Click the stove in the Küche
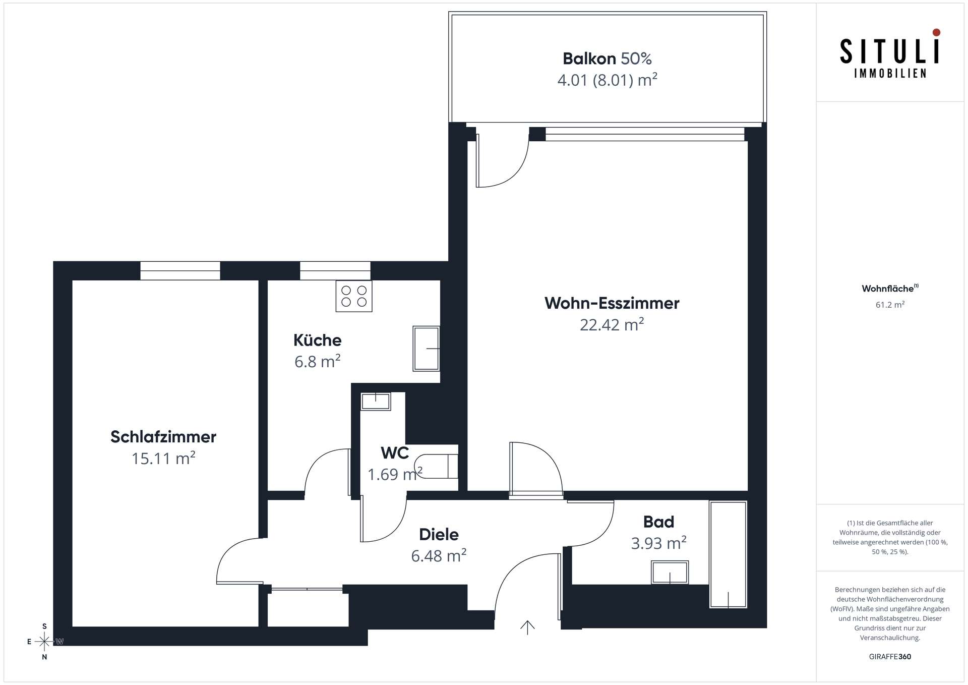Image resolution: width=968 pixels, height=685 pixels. (354, 296)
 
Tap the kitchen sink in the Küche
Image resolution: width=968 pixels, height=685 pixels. (426, 349)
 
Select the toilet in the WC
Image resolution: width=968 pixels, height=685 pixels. (436, 466)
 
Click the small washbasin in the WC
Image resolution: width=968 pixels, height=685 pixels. (376, 402)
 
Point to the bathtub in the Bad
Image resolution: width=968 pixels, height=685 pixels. (728, 554)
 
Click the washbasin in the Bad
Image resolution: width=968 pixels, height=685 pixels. (670, 573)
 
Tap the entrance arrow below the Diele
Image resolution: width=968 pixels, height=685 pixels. (527, 627)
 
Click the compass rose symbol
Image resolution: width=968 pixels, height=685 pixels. (44, 642)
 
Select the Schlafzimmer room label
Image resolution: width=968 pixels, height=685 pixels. (163, 437)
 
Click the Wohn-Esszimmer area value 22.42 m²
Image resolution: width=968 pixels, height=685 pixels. (612, 324)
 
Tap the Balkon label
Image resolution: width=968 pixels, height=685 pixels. (589, 59)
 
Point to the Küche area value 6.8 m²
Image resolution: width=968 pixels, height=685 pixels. (318, 361)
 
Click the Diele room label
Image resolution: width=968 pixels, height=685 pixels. (439, 534)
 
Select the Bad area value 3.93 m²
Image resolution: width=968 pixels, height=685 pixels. (659, 543)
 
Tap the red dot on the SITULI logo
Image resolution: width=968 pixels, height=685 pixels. (936, 32)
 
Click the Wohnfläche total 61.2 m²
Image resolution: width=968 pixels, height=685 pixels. (890, 305)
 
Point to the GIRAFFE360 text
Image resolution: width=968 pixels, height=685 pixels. (890, 656)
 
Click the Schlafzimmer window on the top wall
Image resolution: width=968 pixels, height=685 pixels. (180, 271)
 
